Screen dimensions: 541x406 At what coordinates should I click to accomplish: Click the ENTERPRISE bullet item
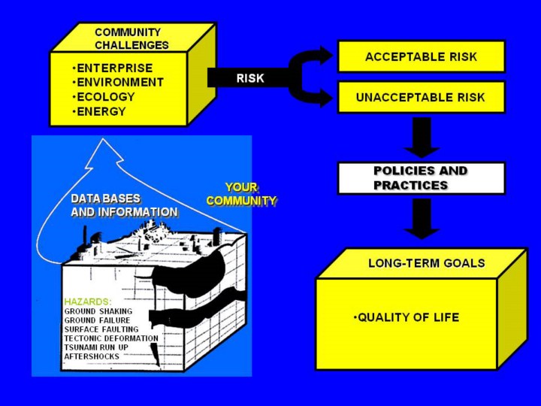[113, 68]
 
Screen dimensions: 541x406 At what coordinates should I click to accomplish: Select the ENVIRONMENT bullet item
[119, 83]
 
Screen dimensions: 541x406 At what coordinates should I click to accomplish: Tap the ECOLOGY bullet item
[104, 97]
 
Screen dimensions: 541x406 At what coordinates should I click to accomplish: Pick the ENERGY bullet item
[99, 112]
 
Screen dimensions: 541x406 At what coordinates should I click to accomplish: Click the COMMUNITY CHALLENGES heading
[131, 38]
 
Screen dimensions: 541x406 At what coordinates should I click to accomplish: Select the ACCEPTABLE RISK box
[422, 56]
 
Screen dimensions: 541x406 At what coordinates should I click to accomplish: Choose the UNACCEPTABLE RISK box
[422, 97]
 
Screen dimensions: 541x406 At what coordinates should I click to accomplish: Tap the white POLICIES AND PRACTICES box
[422, 178]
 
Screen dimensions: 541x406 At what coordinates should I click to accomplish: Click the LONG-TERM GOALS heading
[427, 263]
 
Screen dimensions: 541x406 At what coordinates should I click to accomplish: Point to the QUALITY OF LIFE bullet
[407, 317]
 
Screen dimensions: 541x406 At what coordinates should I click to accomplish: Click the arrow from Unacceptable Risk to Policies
[422, 138]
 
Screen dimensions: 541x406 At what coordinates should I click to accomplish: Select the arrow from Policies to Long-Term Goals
[422, 219]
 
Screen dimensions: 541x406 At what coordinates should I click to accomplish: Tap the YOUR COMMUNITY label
[241, 194]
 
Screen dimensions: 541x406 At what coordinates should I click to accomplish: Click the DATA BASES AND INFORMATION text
[124, 205]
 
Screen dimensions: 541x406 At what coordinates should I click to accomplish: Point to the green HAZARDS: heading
[88, 301]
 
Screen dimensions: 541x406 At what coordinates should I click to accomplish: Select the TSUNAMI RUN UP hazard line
[96, 347]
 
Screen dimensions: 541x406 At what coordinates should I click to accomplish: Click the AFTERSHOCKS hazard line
[92, 356]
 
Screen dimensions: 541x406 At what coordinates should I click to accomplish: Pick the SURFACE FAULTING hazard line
[101, 329]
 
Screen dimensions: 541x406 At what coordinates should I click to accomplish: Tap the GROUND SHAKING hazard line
[98, 311]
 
